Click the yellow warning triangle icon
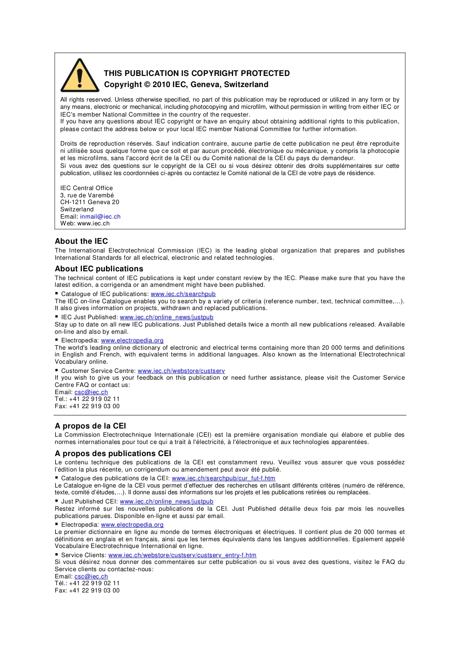click(80, 76)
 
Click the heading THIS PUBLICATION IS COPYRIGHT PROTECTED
click(197, 74)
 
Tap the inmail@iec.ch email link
click(100, 217)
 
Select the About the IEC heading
click(81, 241)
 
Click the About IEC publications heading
click(99, 269)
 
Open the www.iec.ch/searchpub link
click(183, 294)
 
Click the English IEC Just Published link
click(167, 317)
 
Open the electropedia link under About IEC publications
click(132, 340)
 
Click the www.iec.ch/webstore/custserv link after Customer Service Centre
click(181, 371)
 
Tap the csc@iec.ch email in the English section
click(91, 392)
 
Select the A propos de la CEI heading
click(90, 426)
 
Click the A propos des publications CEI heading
click(113, 454)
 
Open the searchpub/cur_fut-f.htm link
click(223, 478)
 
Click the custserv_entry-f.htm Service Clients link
click(182, 555)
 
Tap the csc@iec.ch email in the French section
click(91, 576)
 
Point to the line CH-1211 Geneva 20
click(90, 202)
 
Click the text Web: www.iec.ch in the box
click(85, 223)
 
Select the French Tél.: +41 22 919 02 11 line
click(87, 583)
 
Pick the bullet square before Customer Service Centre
click(57, 370)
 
